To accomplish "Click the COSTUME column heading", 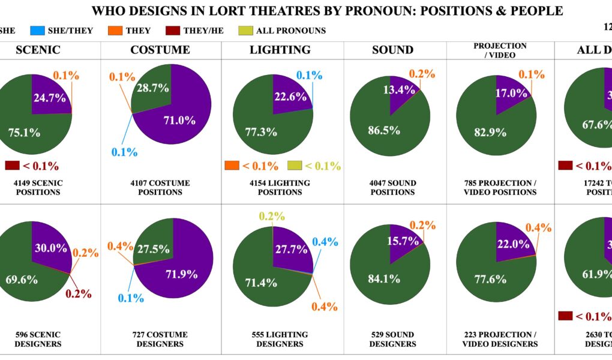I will [x=160, y=50].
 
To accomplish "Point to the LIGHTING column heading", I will [x=280, y=50].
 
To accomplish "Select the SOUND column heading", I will [x=393, y=50].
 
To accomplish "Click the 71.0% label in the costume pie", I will [x=179, y=120].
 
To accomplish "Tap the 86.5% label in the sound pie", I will [x=384, y=130].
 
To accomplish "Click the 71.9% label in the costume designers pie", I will [x=181, y=275].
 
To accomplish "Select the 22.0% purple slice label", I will [x=511, y=245].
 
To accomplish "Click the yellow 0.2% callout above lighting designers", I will [x=272, y=217].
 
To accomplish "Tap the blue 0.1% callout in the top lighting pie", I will [x=309, y=75].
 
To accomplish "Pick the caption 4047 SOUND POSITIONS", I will [x=393, y=187].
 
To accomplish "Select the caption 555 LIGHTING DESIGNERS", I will [x=280, y=339].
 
